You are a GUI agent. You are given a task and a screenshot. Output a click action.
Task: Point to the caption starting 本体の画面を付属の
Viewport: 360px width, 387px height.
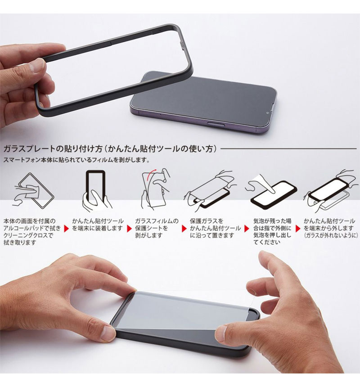(30, 221)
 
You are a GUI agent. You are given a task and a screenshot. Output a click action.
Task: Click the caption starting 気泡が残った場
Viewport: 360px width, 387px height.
(272, 221)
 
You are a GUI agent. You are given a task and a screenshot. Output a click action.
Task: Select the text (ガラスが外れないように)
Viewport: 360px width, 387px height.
(330, 235)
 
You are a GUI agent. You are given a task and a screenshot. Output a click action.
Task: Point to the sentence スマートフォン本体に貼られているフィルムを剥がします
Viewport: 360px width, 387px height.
(76, 160)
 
